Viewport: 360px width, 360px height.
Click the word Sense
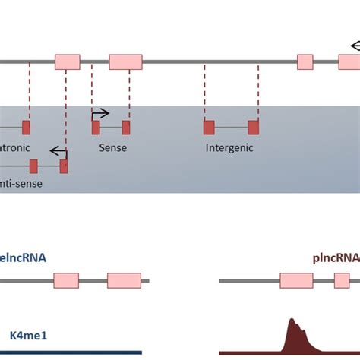(112, 148)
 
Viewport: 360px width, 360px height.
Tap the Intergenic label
(229, 148)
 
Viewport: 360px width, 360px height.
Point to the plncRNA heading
(335, 257)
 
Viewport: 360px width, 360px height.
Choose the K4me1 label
(27, 334)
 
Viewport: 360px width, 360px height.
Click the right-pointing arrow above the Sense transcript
(100, 114)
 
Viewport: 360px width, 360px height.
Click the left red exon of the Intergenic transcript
(209, 127)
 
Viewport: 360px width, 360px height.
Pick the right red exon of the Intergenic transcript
(254, 127)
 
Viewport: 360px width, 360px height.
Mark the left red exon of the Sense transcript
(96, 127)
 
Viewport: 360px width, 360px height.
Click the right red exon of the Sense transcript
(126, 127)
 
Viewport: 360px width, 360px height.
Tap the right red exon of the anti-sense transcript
(64, 166)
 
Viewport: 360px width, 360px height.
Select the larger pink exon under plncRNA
(296, 281)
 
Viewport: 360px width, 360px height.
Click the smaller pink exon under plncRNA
(342, 281)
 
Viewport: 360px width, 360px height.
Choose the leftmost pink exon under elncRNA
(67, 281)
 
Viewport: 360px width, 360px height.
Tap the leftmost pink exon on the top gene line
(67, 62)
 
